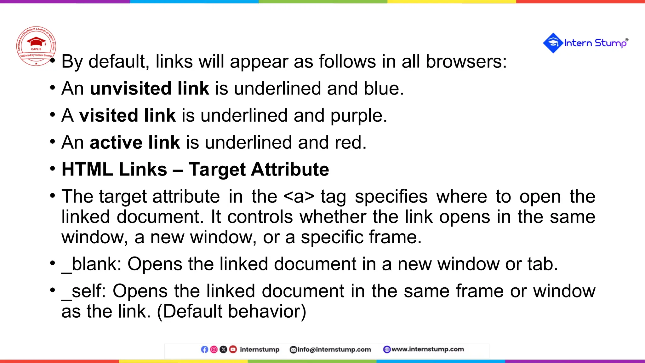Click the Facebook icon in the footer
pos(204,349)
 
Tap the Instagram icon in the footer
pos(214,349)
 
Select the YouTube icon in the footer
pos(233,349)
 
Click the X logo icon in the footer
pos(223,349)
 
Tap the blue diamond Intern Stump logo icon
pos(553,43)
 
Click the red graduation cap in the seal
pos(36,42)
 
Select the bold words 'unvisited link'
pos(150,89)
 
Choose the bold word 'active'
pos(116,142)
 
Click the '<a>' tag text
pos(299,197)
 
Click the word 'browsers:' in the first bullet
pos(466,61)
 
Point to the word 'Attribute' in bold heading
pos(290,170)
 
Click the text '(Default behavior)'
pos(231,312)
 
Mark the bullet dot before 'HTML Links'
pos(53,168)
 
